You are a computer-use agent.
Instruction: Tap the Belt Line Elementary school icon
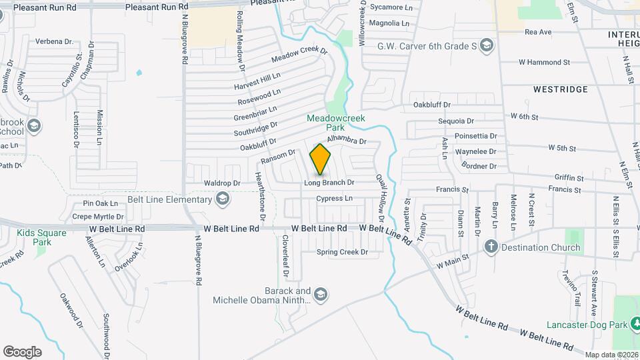coord(223,198)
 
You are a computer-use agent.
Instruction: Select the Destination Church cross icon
coord(491,247)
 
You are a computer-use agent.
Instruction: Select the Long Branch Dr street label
coord(329,182)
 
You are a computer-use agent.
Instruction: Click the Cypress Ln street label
coord(335,199)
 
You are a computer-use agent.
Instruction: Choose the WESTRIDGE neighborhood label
coord(561,89)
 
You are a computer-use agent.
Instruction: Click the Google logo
coord(23,351)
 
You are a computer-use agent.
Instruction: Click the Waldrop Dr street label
coord(222,183)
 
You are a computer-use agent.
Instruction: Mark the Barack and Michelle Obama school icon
coord(321,295)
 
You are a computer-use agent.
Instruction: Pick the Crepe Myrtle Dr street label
coord(98,217)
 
